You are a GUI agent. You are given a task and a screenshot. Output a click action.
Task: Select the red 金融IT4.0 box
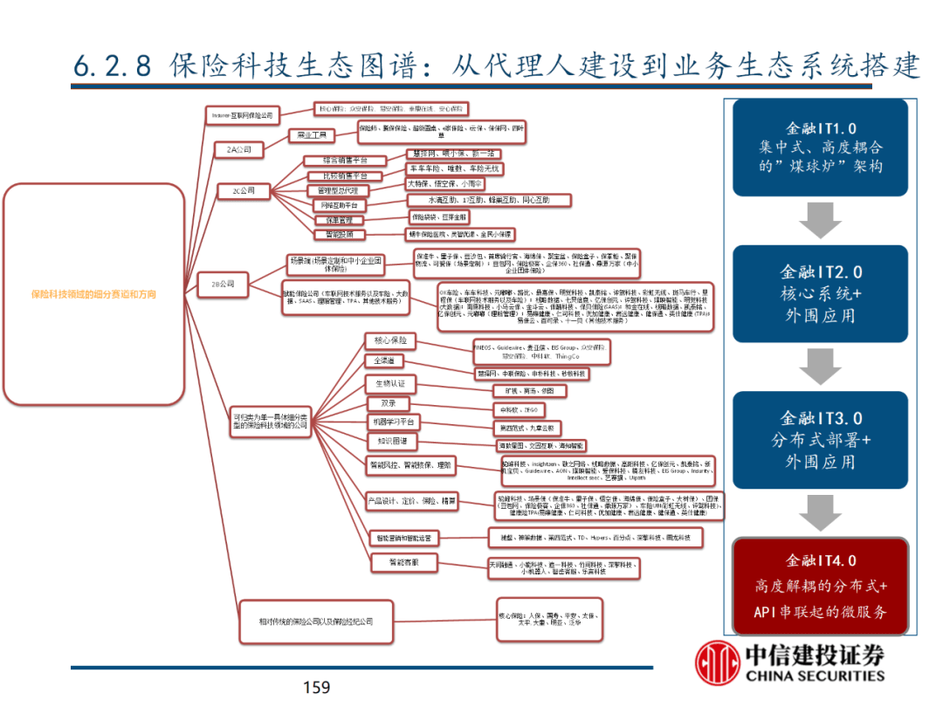pyautogui.click(x=820, y=586)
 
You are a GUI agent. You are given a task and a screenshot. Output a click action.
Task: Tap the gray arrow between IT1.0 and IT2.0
pyautogui.click(x=820, y=220)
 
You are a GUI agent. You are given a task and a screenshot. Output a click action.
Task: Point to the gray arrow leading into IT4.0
pyautogui.click(x=820, y=513)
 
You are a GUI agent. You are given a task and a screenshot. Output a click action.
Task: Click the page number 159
pyautogui.click(x=316, y=688)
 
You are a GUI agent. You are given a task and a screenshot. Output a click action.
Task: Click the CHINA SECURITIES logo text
pyautogui.click(x=814, y=675)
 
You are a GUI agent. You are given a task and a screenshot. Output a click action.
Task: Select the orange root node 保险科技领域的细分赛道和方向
pyautogui.click(x=93, y=294)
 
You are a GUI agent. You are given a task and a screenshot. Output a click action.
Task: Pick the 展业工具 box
pyautogui.click(x=312, y=136)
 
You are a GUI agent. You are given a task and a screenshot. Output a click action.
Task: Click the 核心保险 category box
pyautogui.click(x=389, y=340)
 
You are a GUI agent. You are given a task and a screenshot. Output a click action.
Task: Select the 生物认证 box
pyautogui.click(x=389, y=384)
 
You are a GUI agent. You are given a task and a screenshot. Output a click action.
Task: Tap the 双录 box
pyautogui.click(x=388, y=403)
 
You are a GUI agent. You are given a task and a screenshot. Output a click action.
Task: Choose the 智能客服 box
pyautogui.click(x=390, y=563)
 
